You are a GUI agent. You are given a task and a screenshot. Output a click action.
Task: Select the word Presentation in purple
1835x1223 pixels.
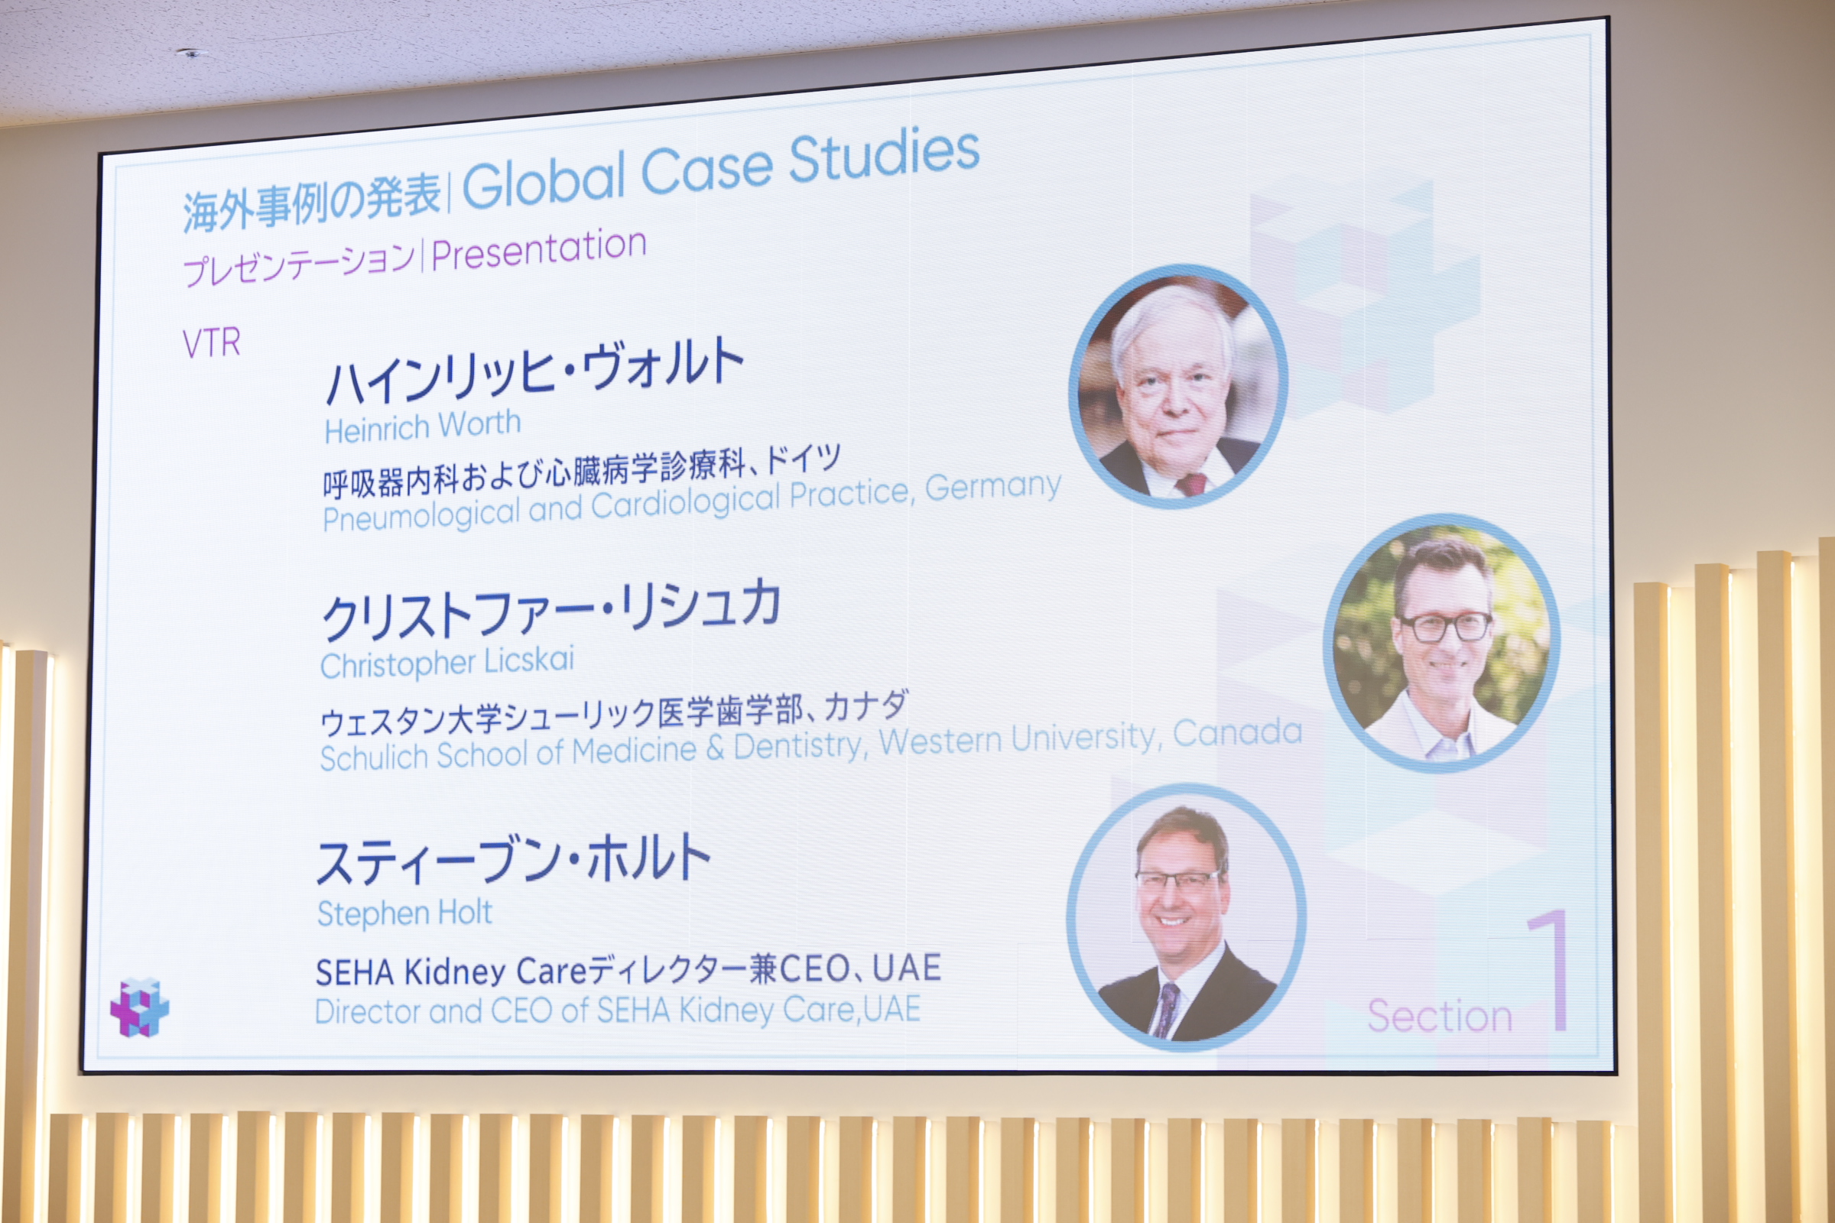(x=539, y=250)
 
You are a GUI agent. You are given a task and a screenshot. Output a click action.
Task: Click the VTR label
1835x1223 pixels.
(x=212, y=343)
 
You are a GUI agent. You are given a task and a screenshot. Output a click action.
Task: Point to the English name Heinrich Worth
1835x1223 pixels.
(x=423, y=426)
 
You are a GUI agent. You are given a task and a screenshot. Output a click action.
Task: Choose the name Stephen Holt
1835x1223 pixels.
(x=404, y=913)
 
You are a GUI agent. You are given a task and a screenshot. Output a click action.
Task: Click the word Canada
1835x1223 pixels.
(x=1237, y=732)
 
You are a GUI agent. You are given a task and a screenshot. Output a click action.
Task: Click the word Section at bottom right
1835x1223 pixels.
(x=1440, y=1016)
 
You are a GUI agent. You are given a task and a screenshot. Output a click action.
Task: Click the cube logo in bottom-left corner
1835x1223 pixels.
(x=139, y=1007)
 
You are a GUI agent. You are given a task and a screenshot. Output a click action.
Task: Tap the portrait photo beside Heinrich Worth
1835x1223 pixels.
(x=1177, y=386)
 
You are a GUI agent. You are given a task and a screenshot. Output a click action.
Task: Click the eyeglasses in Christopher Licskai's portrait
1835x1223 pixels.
(x=1445, y=626)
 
